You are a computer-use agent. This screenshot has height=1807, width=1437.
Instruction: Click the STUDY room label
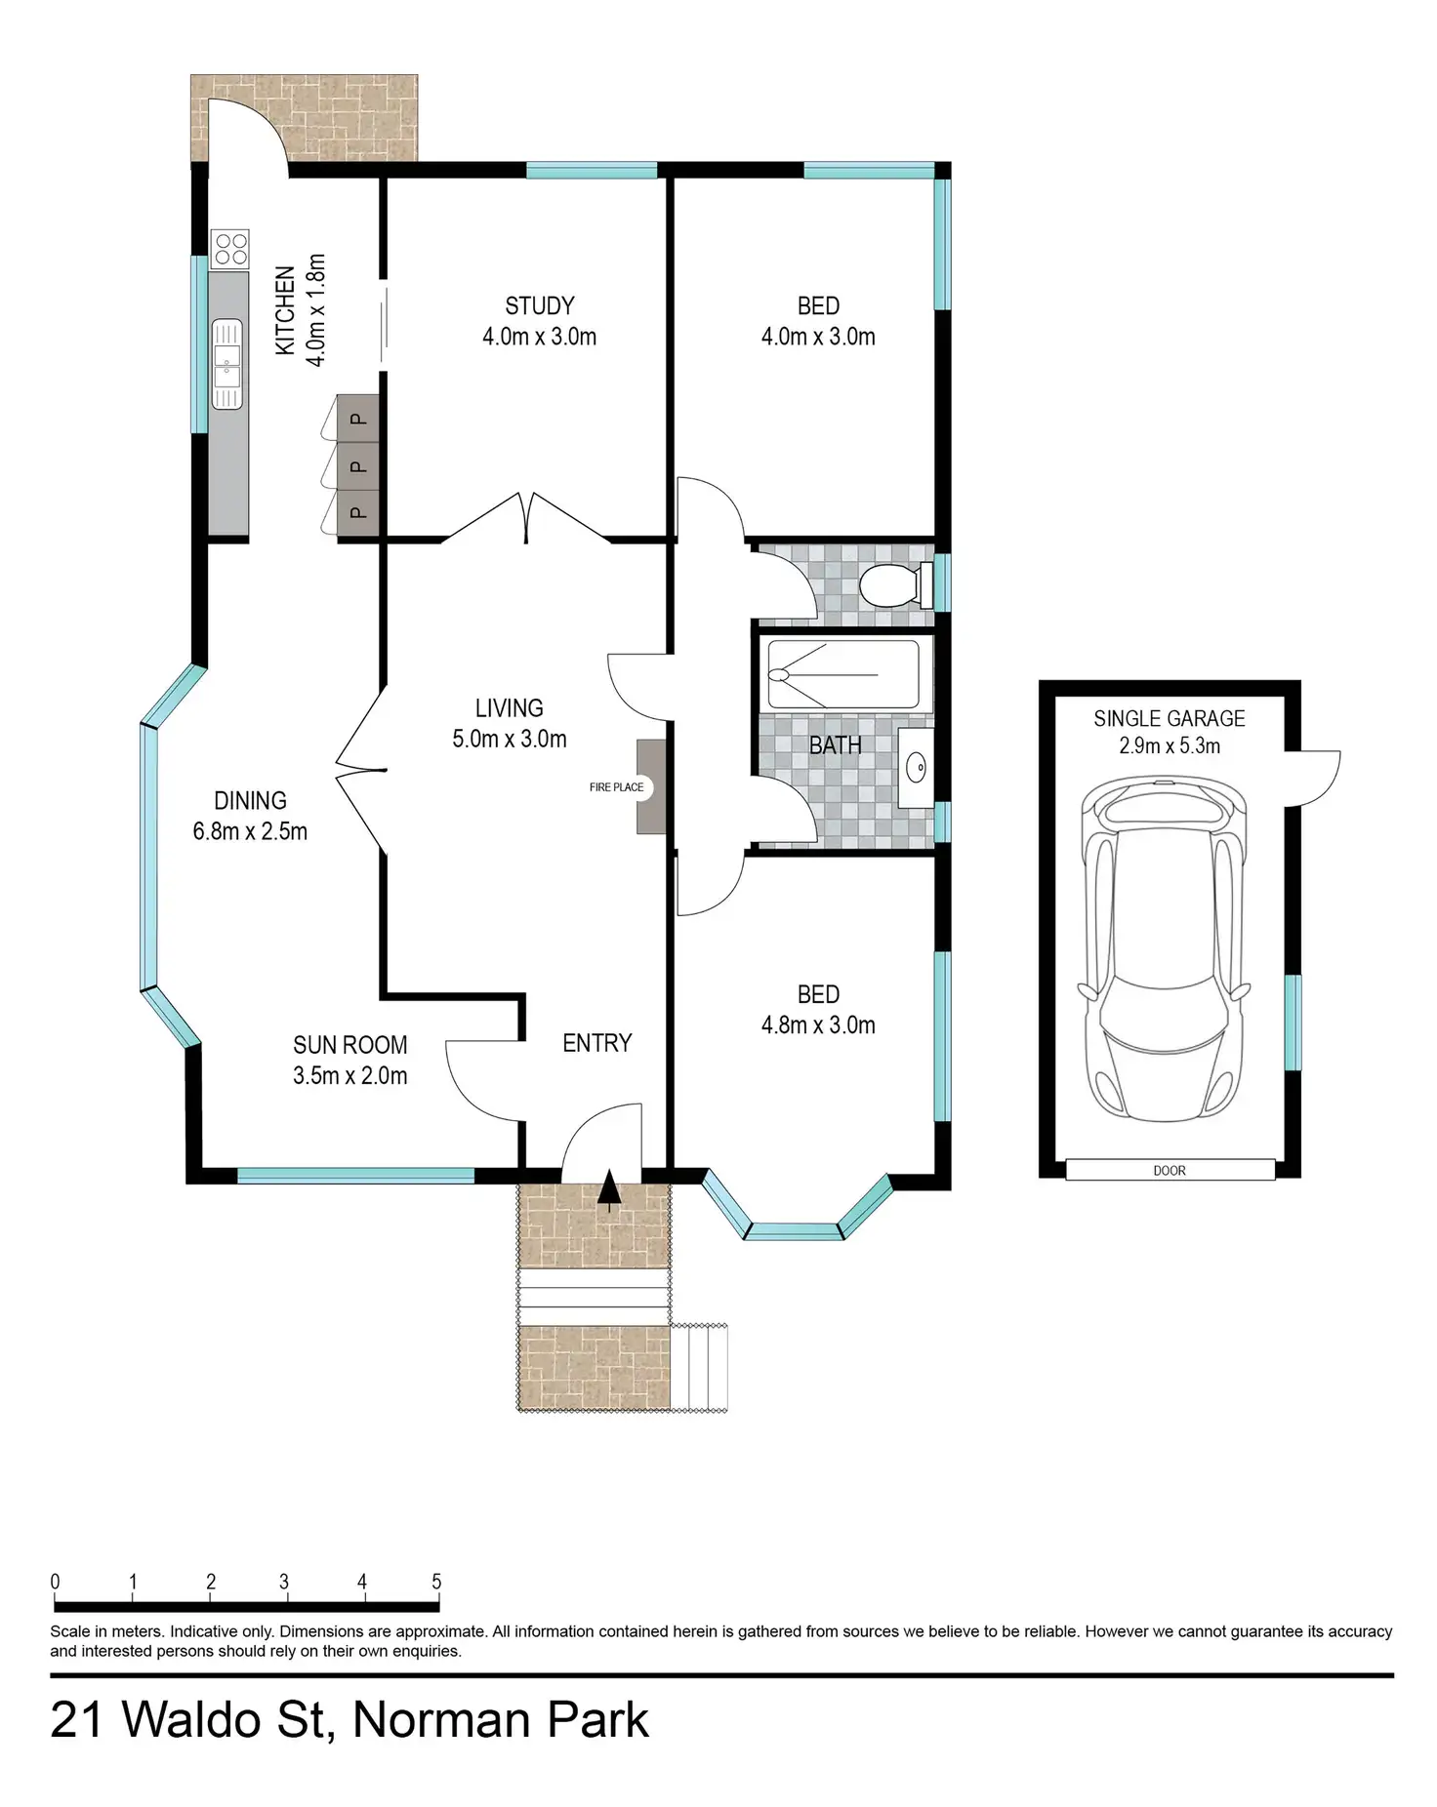point(540,305)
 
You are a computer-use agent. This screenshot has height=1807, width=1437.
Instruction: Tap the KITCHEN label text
point(285,310)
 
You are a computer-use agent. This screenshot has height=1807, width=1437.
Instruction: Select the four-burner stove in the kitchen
point(230,248)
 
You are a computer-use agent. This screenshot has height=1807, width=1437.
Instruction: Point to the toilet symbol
point(896,585)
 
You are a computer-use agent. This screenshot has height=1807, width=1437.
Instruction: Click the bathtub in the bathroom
point(843,674)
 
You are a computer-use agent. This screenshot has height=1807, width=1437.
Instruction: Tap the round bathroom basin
point(918,769)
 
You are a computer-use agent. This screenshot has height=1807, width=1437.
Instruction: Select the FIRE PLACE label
point(616,787)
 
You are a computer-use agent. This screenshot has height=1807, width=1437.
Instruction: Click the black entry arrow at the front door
point(609,1189)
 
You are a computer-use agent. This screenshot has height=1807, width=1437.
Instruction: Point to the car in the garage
point(1163,952)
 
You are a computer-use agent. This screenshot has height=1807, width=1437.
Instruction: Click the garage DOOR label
point(1170,1171)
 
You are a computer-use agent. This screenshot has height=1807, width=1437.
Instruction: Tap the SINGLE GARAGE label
point(1170,719)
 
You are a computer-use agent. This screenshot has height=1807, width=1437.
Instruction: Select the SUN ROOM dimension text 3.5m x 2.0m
point(349,1076)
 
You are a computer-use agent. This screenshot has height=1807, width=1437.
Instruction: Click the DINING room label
point(250,801)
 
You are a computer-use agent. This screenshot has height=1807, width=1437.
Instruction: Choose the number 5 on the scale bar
point(436,1583)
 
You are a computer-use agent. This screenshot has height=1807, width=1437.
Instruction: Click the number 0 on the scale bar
point(56,1583)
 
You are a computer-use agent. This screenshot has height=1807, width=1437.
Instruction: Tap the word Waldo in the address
point(224,1719)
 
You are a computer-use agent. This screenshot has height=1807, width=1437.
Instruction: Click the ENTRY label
point(597,1043)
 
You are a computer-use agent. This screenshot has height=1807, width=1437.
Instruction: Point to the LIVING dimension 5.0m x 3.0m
point(510,740)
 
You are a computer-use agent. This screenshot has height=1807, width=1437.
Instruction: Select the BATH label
point(836,745)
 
